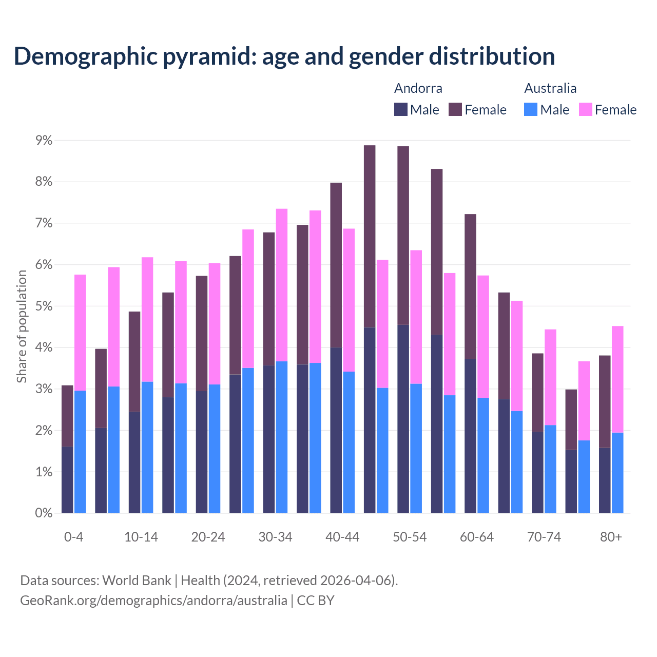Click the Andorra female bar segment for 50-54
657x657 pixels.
(x=403, y=235)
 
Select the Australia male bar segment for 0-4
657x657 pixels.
(x=80, y=452)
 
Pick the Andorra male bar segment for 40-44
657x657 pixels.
(x=336, y=430)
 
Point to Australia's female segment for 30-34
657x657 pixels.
(x=282, y=285)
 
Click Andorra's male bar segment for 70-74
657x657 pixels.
(x=537, y=472)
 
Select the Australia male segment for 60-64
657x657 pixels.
(x=483, y=455)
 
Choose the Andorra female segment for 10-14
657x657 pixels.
(x=134, y=361)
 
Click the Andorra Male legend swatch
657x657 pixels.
(x=401, y=109)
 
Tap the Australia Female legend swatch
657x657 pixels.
(x=585, y=109)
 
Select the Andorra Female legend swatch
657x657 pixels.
(x=455, y=109)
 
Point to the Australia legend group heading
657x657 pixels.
(x=550, y=88)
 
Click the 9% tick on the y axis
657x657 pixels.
(x=44, y=140)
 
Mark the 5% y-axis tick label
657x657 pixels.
(x=44, y=306)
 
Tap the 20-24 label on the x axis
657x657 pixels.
(x=208, y=537)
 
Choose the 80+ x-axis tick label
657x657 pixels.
(x=611, y=537)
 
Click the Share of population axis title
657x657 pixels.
(x=22, y=326)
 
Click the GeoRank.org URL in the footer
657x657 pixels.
(x=153, y=600)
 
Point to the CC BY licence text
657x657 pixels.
(x=316, y=600)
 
